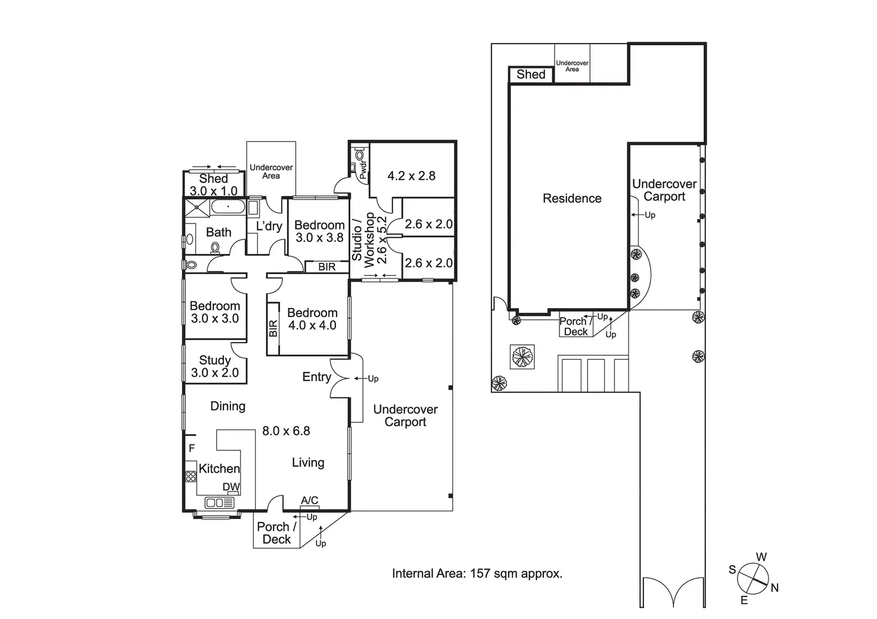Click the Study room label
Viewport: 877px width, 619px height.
point(214,360)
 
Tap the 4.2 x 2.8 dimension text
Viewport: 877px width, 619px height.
point(411,176)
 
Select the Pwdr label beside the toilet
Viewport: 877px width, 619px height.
point(363,170)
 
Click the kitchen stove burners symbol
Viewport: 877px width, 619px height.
point(191,477)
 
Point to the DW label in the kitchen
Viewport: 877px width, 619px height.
point(231,487)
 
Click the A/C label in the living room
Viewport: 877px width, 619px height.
point(309,500)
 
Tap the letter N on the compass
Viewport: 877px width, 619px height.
point(775,587)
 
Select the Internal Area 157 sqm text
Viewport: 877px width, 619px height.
point(477,574)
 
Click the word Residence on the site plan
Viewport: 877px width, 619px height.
point(572,198)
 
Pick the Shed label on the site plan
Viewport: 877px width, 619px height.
point(530,74)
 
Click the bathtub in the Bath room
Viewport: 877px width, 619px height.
point(228,207)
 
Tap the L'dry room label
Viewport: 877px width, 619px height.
point(269,226)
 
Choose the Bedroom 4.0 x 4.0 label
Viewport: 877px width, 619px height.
point(312,319)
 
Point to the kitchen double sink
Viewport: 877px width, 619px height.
point(219,502)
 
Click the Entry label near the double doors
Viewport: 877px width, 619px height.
point(317,377)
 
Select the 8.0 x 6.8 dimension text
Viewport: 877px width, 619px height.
point(286,431)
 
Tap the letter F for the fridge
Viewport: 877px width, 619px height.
point(192,448)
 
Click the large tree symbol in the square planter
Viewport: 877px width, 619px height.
point(522,357)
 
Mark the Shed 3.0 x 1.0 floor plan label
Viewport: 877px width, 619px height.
point(213,185)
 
